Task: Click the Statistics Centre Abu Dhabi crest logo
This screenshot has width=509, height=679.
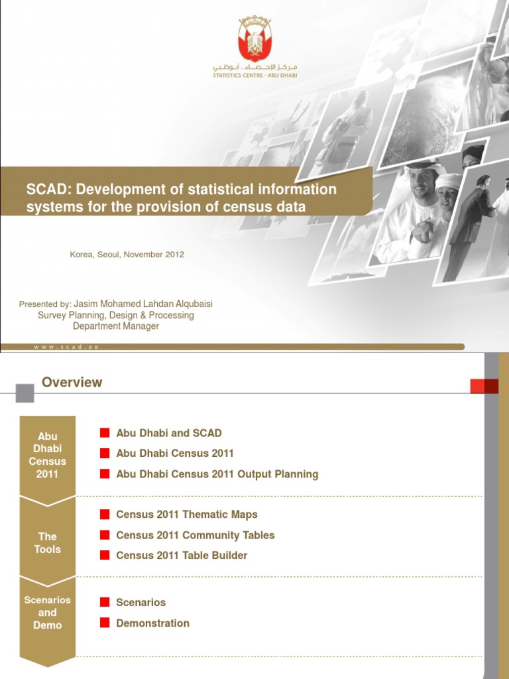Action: click(x=254, y=41)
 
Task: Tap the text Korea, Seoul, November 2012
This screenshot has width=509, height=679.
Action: click(x=127, y=255)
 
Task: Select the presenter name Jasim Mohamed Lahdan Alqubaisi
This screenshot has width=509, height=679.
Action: click(x=143, y=304)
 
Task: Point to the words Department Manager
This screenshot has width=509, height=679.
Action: click(x=116, y=326)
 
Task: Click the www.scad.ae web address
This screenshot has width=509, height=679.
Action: click(x=66, y=347)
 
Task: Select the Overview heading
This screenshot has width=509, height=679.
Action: click(x=72, y=383)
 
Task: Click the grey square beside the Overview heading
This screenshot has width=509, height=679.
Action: click(x=25, y=393)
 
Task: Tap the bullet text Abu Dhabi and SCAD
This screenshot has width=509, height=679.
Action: click(x=169, y=433)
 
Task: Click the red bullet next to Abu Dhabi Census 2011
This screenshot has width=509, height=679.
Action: click(x=105, y=454)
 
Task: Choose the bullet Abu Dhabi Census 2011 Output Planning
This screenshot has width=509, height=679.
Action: click(x=217, y=474)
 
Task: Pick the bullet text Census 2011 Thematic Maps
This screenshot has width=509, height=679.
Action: click(x=187, y=515)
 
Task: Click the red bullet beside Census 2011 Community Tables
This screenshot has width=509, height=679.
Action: click(x=105, y=535)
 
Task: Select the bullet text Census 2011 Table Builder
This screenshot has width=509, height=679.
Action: click(x=182, y=556)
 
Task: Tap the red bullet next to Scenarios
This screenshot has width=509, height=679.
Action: click(x=105, y=603)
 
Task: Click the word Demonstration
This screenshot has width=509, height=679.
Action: click(x=153, y=623)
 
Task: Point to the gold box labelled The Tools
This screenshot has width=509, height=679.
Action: click(x=48, y=542)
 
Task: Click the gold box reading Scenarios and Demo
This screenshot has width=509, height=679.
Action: click(x=48, y=613)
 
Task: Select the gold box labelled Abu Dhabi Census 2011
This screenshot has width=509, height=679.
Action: click(x=48, y=455)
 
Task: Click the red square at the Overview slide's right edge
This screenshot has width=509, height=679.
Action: click(x=484, y=386)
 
